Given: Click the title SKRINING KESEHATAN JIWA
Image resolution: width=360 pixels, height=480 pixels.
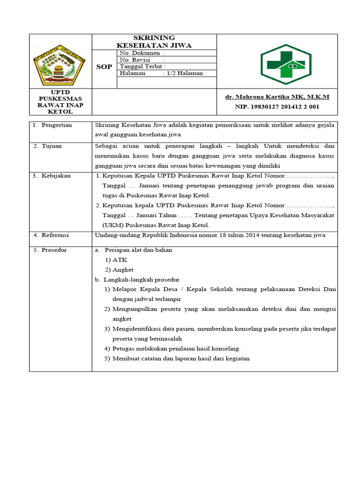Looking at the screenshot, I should point(154,41).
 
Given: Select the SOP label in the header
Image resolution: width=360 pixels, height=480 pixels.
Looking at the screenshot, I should point(104,67).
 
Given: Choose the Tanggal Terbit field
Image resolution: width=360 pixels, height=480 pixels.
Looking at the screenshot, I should point(142,67).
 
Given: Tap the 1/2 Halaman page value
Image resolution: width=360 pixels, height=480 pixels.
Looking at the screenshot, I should point(185,73).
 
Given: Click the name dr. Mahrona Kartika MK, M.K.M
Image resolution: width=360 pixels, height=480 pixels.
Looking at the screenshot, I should point(277,97).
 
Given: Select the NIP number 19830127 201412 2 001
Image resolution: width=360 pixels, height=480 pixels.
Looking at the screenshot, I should point(277,107).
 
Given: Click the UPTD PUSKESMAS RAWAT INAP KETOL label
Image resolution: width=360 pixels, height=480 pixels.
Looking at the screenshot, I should point(60,102).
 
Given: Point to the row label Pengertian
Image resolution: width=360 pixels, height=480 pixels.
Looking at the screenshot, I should point(56,125).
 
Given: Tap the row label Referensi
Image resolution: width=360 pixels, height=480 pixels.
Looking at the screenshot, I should point(55,235).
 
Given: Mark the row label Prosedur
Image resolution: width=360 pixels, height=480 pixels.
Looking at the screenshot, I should point(54,250).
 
